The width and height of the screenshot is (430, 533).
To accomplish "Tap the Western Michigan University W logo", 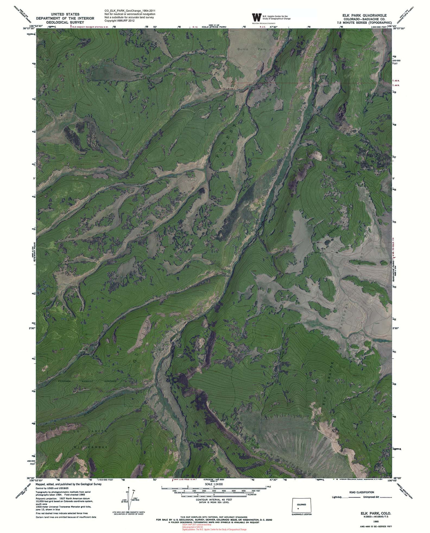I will pos(257,18).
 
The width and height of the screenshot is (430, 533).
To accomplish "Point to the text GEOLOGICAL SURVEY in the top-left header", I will pos(65,22).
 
